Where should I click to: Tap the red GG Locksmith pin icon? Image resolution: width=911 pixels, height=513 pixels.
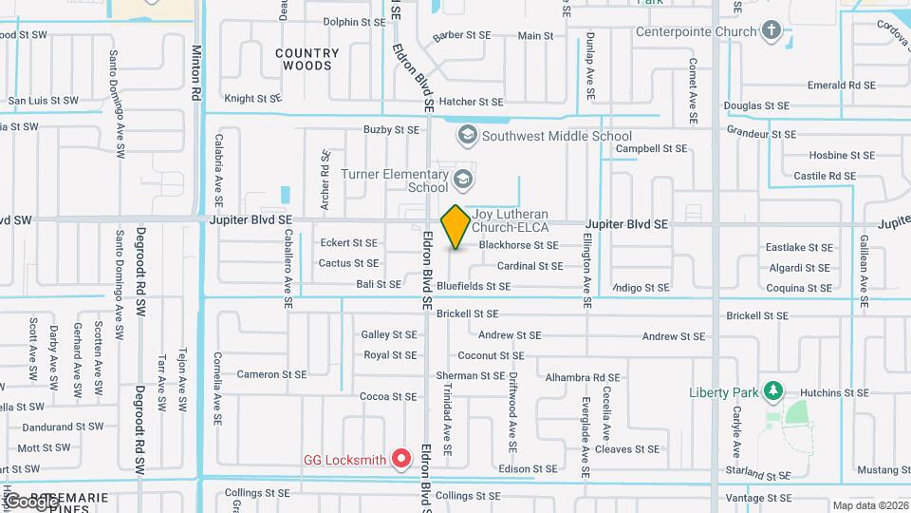point(401,460)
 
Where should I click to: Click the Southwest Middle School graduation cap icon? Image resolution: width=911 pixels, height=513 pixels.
point(467,136)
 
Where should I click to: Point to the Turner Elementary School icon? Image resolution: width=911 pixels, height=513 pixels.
point(462,180)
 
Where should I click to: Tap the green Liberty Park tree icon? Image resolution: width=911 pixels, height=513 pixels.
point(774,390)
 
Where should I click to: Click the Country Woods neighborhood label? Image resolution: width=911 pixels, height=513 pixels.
point(307,60)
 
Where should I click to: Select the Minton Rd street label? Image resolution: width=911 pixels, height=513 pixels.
point(197,72)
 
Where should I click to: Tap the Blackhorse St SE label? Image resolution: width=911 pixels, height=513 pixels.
point(518,245)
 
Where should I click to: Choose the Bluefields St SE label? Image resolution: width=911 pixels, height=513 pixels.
point(474,286)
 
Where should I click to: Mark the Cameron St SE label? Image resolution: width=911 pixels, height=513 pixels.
point(271,374)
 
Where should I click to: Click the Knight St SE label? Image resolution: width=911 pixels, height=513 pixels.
point(252,98)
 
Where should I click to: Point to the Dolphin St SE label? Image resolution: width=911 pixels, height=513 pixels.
point(354,21)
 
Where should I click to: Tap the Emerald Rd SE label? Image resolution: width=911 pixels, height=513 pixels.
point(841,85)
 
